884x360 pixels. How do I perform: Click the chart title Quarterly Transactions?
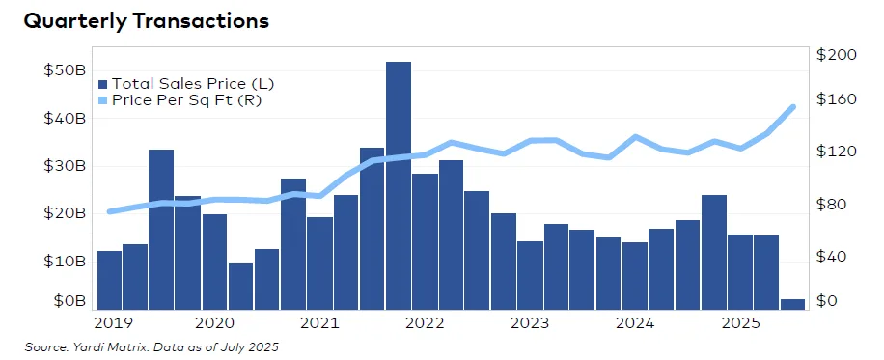[x=132, y=21]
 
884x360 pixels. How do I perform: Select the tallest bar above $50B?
[x=399, y=183]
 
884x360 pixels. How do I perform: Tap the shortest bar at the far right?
[x=792, y=304]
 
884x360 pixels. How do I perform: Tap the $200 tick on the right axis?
[x=836, y=56]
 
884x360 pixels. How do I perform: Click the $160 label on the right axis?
[x=836, y=99]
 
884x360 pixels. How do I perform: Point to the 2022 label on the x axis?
[x=425, y=322]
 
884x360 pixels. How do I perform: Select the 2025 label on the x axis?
[x=740, y=322]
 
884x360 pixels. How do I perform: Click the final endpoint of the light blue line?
[x=792, y=107]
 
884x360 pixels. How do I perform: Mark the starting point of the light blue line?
[x=109, y=211]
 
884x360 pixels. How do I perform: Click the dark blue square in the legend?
[x=102, y=84]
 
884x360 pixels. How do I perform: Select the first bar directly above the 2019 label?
[x=109, y=280]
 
